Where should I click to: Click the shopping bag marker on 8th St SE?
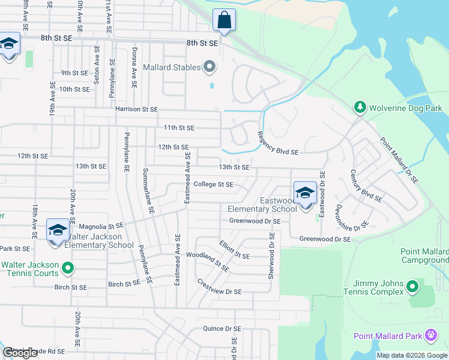click(224, 20)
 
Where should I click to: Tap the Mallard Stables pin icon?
click(209, 67)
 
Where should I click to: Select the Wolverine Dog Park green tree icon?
click(360, 107)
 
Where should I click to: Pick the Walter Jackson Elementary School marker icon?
click(58, 230)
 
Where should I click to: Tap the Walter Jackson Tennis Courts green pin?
click(67, 268)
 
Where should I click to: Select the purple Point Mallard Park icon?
click(430, 335)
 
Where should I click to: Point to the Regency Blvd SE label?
click(278, 144)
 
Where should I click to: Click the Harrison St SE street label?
click(136, 109)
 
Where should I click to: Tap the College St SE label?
click(214, 185)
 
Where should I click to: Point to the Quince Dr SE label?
click(221, 329)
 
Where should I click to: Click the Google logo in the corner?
click(20, 353)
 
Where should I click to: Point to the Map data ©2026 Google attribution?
click(411, 355)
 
